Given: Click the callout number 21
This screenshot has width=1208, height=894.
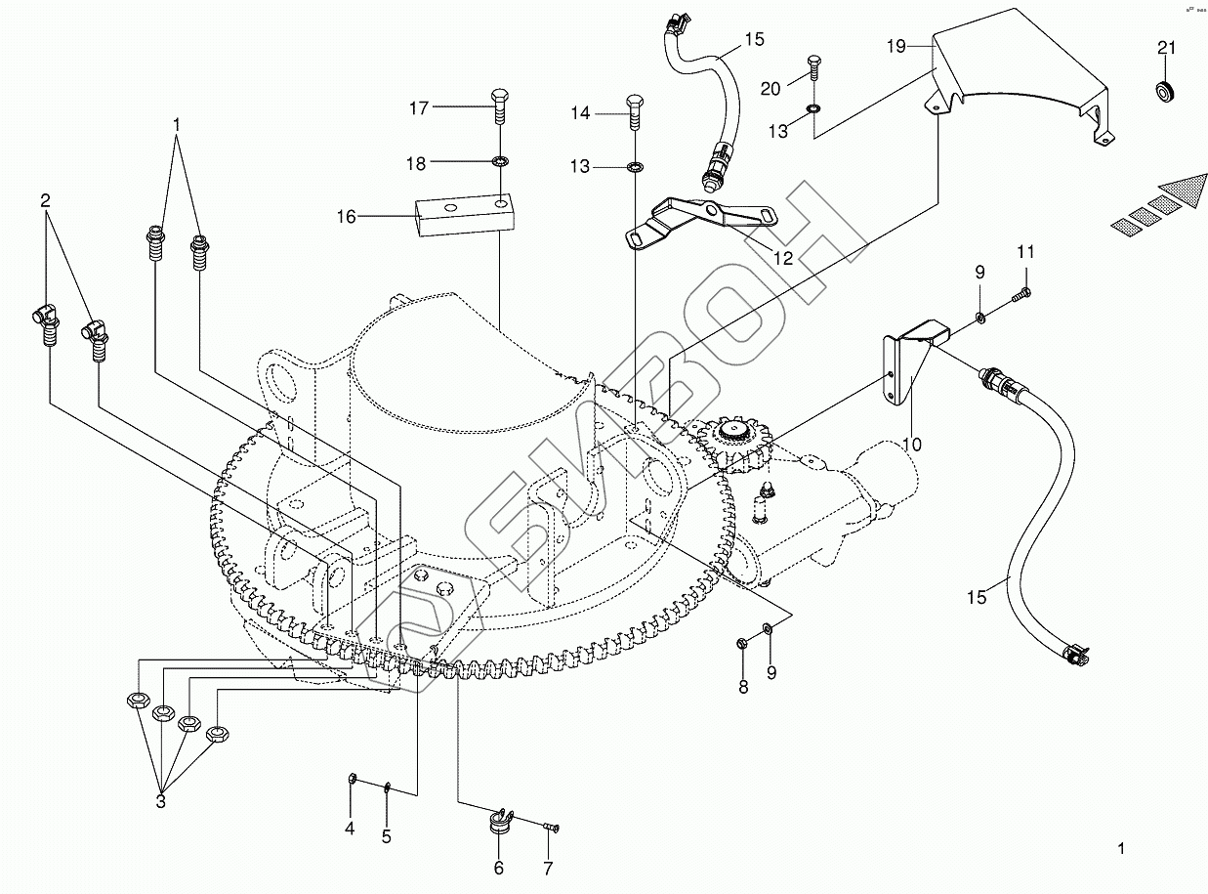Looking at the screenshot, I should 1166,49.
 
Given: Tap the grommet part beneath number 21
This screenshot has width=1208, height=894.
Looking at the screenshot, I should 1164,92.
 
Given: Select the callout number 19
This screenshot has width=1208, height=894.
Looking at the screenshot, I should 897,46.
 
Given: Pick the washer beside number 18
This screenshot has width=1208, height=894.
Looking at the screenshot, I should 500,161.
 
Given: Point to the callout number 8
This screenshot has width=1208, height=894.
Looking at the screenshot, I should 743,687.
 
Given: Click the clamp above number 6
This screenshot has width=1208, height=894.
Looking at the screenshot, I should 501,821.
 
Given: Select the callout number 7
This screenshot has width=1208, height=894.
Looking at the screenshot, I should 548,868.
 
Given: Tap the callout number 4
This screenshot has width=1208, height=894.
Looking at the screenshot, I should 349,829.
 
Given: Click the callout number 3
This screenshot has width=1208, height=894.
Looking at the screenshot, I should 160,802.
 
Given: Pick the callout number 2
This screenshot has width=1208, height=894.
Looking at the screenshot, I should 46,200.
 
